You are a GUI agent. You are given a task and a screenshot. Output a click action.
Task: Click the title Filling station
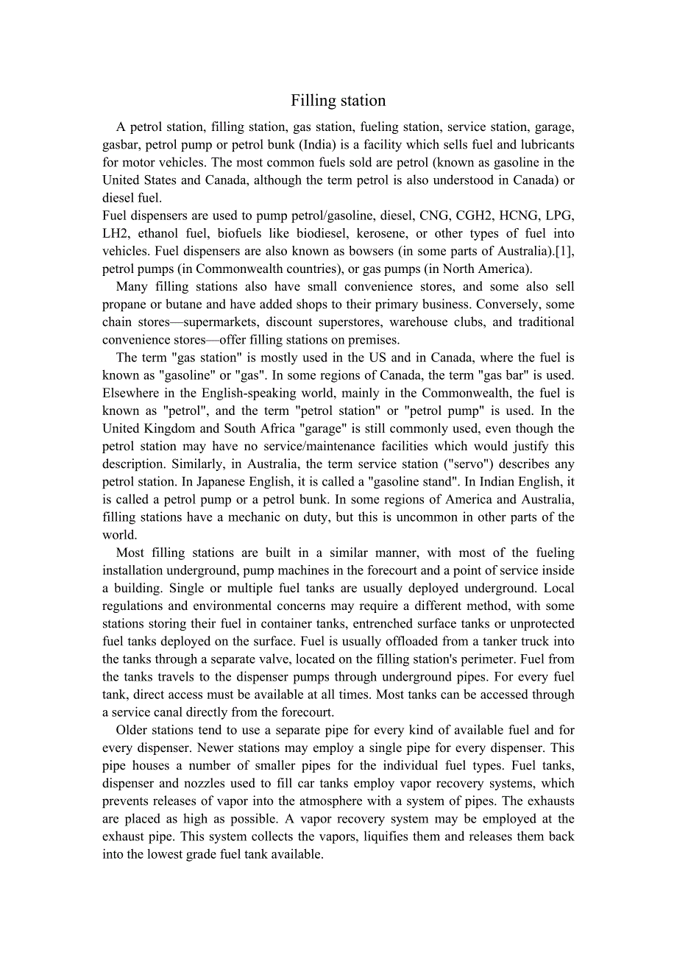[338, 101]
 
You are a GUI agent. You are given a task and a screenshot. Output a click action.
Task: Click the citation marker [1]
[564, 251]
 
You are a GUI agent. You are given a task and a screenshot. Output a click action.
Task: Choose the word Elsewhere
[132, 393]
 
